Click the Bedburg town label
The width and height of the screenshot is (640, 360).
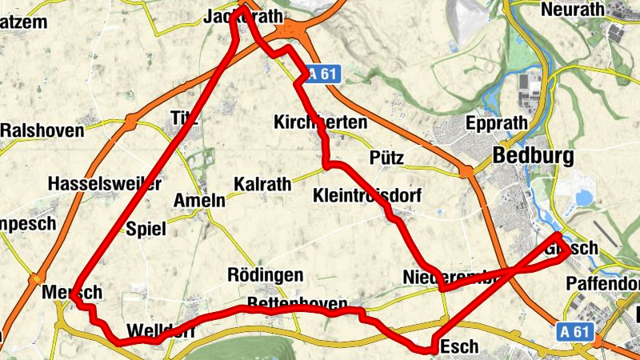point(534,157)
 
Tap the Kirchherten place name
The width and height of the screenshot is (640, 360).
point(320,123)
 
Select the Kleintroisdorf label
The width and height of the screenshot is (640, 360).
point(367,196)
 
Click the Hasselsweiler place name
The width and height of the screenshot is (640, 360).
point(105,183)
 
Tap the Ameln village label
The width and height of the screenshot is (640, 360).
point(199,200)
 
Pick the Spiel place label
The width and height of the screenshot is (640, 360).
point(146,230)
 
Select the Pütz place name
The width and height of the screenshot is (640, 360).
point(387,157)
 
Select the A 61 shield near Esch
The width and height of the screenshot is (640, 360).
point(574,330)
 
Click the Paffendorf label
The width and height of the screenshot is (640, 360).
point(604,284)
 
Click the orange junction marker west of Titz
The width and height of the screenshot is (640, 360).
point(130,124)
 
